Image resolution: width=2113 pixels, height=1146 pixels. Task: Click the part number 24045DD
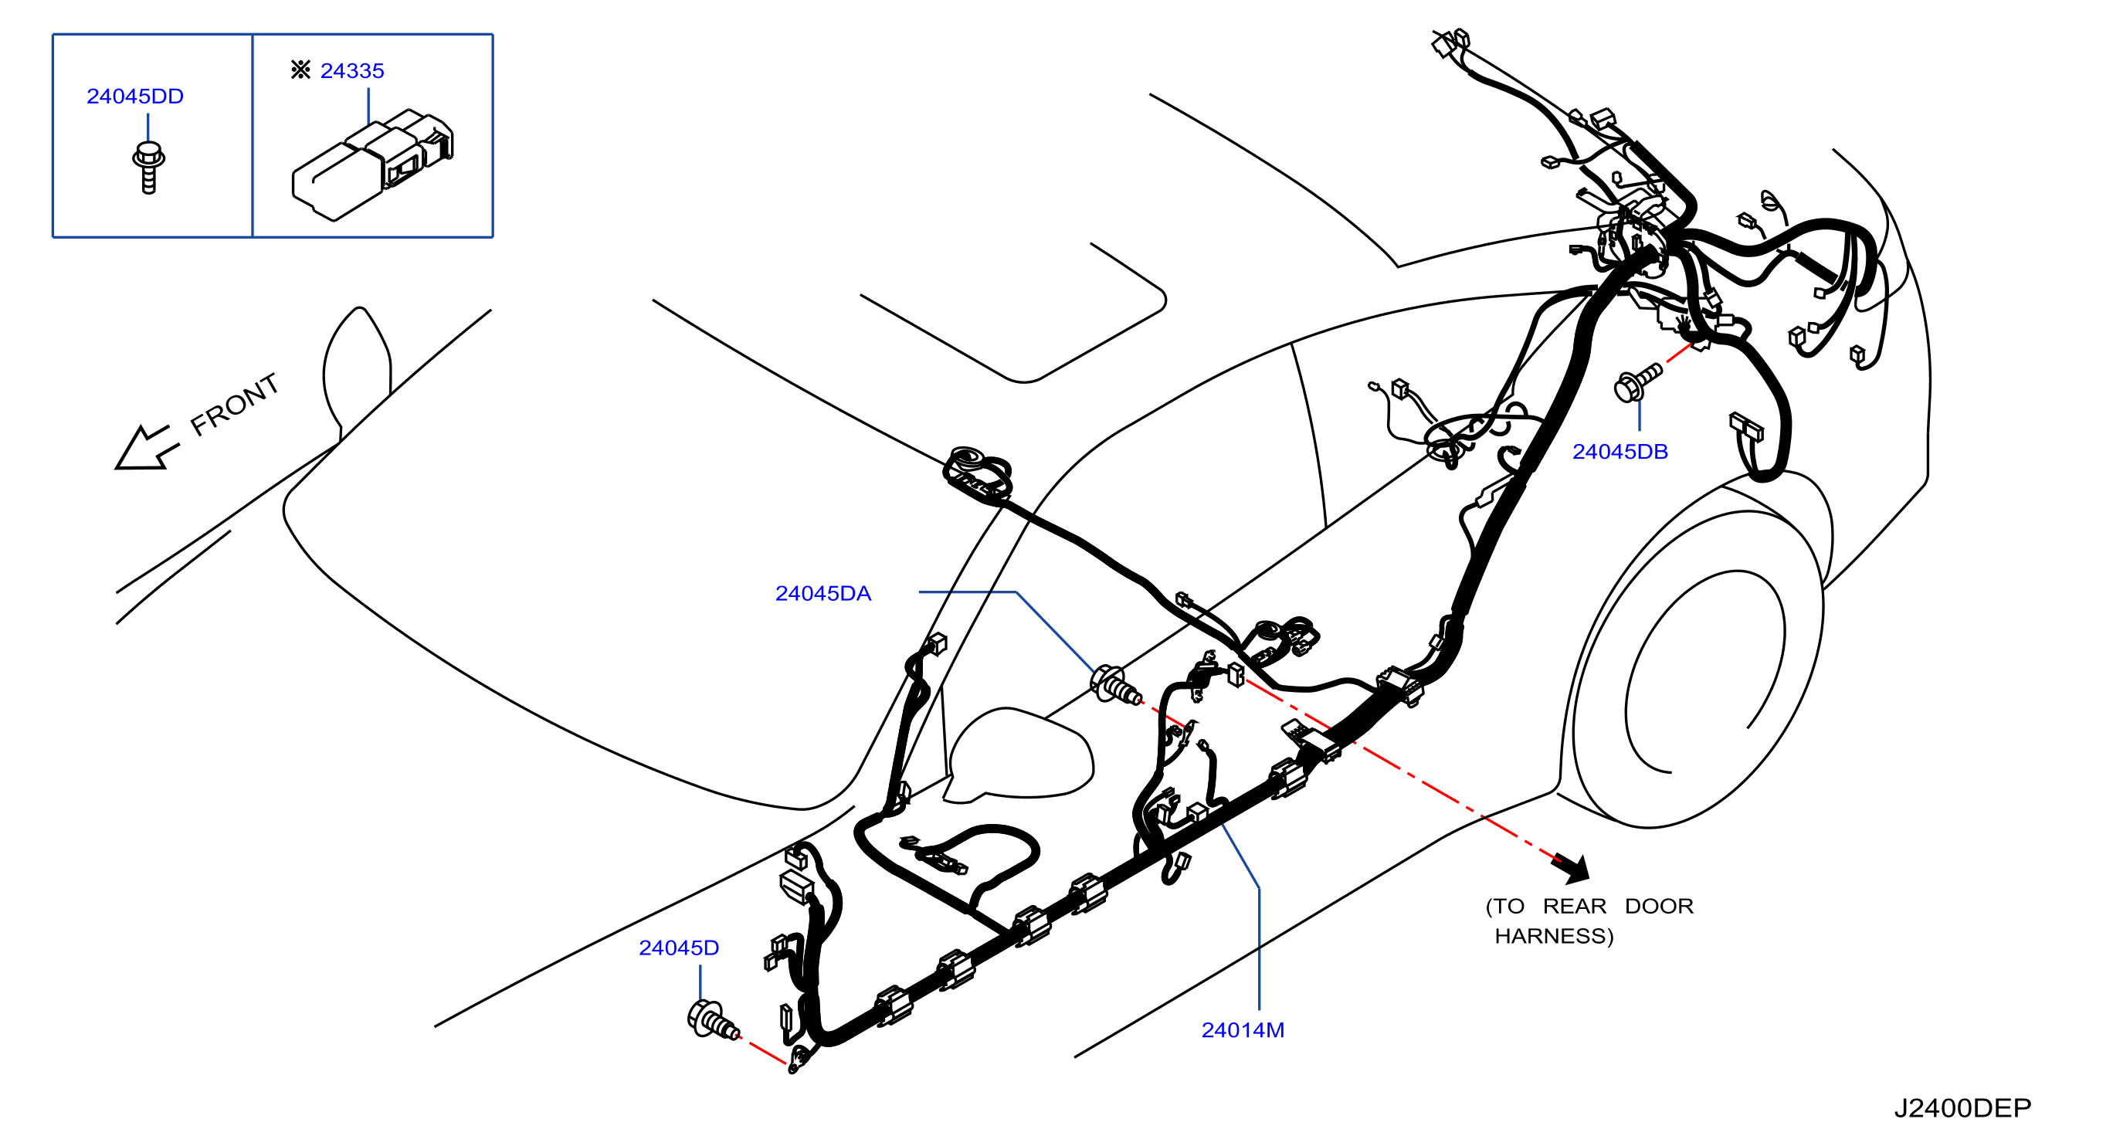coord(135,96)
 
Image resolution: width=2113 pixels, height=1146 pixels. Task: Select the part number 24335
coord(352,70)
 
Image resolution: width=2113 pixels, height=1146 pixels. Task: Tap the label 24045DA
coord(822,593)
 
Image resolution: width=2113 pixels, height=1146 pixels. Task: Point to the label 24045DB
coord(1620,451)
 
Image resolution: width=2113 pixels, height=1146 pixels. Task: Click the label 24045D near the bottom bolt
coord(678,948)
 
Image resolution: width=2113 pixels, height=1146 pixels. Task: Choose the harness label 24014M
coord(1243,1029)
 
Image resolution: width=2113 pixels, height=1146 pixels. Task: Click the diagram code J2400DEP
coord(1962,1108)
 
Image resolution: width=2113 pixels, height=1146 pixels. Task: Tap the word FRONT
coord(235,404)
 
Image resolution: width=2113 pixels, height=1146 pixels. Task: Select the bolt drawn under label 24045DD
coord(148,168)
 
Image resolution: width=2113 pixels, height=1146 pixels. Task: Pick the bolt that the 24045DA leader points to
coord(1115,686)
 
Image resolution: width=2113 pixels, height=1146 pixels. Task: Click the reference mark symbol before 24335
coord(300,70)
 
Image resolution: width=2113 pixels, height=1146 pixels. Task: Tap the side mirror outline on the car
coord(1018,754)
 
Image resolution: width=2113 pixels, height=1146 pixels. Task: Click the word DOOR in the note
coord(1659,907)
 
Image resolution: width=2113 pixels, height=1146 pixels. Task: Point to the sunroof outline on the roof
coord(1014,314)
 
